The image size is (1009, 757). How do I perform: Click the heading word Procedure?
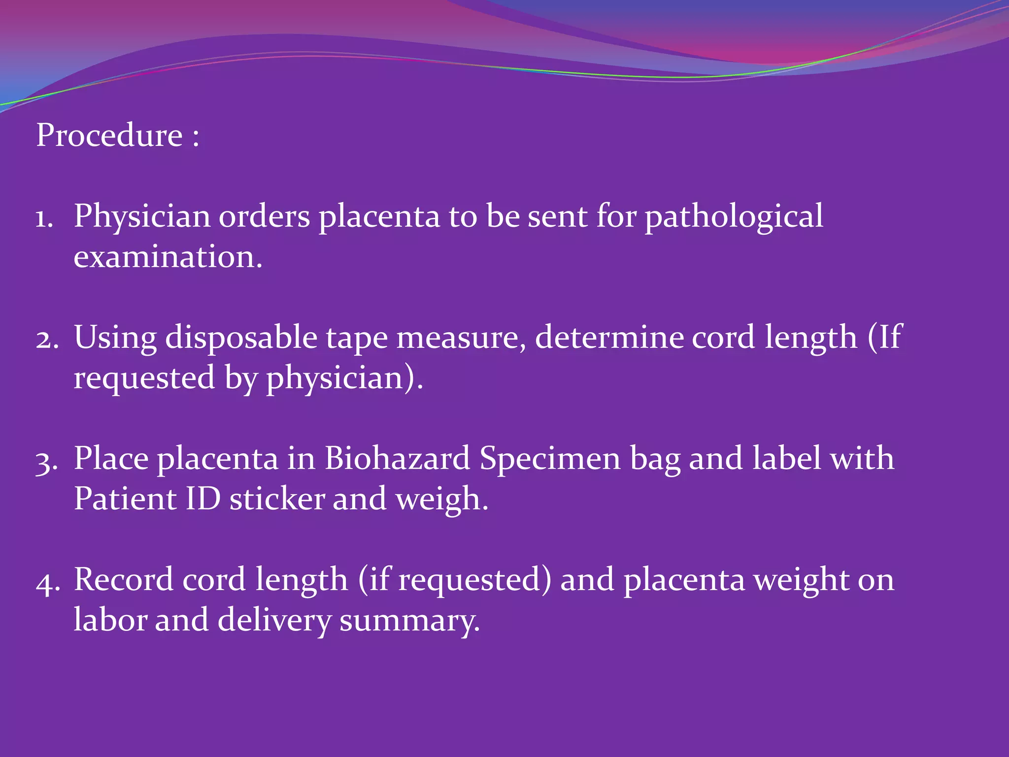(x=109, y=135)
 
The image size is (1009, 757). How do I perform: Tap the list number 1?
(x=43, y=218)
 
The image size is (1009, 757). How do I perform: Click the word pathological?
(x=734, y=217)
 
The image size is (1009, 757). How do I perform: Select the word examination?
(x=168, y=257)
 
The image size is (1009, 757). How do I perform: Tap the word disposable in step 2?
(x=241, y=338)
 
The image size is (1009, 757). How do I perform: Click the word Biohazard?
(x=397, y=458)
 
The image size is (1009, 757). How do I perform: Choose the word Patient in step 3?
(x=125, y=499)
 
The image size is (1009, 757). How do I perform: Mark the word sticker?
(x=277, y=499)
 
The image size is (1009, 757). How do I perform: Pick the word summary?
(x=409, y=621)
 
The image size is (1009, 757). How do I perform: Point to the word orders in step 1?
(x=264, y=217)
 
